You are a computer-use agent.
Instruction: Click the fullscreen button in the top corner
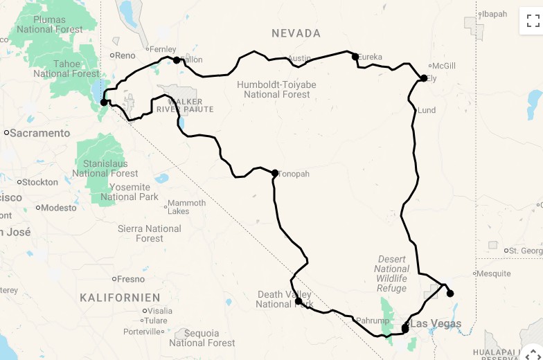pos(533,21)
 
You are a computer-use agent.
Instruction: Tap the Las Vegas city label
pos(436,323)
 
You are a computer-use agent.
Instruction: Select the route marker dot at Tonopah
pos(275,173)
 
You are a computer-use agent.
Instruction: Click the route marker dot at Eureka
pos(355,57)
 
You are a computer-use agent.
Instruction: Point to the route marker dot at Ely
pos(424,78)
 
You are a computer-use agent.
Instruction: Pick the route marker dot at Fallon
pos(177,60)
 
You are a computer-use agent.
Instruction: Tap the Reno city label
pos(125,55)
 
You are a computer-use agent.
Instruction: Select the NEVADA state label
pos(296,33)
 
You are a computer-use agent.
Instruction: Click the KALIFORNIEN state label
pos(120,298)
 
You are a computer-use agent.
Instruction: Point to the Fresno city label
pos(131,279)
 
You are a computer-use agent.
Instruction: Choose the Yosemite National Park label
pos(130,192)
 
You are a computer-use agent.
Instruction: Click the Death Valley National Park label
pos(284,299)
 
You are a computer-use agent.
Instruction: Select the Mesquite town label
pos(493,273)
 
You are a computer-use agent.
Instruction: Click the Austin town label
pos(299,58)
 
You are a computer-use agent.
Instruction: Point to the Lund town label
pos(427,110)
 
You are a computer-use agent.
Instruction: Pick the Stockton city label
pos(40,182)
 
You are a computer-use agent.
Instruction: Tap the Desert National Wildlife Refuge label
pos(392,273)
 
